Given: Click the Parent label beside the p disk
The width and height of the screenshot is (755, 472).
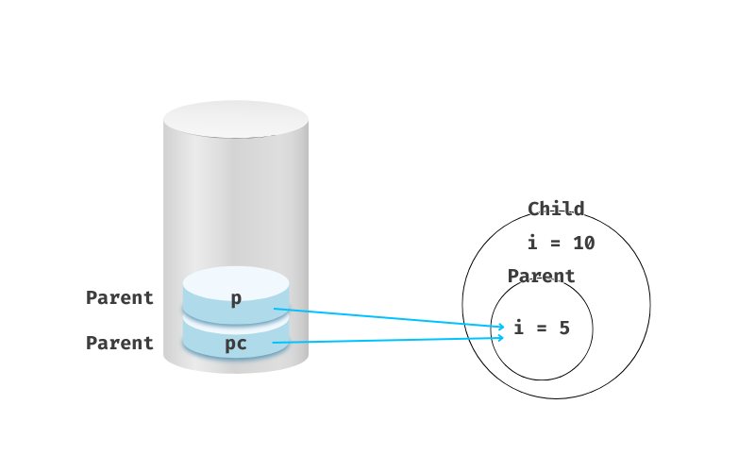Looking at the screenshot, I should [x=120, y=298].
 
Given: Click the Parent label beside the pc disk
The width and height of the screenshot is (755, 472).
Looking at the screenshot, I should [x=120, y=344].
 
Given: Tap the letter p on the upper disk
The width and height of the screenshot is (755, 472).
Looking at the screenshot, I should [x=236, y=298].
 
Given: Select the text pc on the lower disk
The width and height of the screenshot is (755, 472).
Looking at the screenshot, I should [x=236, y=344].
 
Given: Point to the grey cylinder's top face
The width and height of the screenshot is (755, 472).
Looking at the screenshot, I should [x=236, y=120].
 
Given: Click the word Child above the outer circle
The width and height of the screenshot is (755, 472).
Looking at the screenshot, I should [x=556, y=209].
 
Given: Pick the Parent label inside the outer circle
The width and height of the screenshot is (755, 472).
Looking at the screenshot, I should [x=541, y=277].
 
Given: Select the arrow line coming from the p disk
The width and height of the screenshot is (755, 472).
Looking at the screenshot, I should [x=387, y=317].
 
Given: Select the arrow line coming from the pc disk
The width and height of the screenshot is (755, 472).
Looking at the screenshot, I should [x=387, y=340].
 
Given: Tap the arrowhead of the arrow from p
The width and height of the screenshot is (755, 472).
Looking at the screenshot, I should [x=501, y=327].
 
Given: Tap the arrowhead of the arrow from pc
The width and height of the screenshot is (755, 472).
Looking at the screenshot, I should [x=501, y=337].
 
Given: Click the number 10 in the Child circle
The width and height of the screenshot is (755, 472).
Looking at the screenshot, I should [x=583, y=243].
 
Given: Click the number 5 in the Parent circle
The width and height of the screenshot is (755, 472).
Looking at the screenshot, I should [x=563, y=329].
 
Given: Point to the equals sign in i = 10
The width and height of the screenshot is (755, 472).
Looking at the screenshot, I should [x=556, y=244].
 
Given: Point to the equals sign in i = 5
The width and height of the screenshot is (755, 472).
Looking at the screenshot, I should [x=540, y=329].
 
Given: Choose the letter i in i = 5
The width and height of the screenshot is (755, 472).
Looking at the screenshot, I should [x=518, y=329].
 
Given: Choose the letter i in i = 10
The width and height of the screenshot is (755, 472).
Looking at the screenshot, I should [x=532, y=243].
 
